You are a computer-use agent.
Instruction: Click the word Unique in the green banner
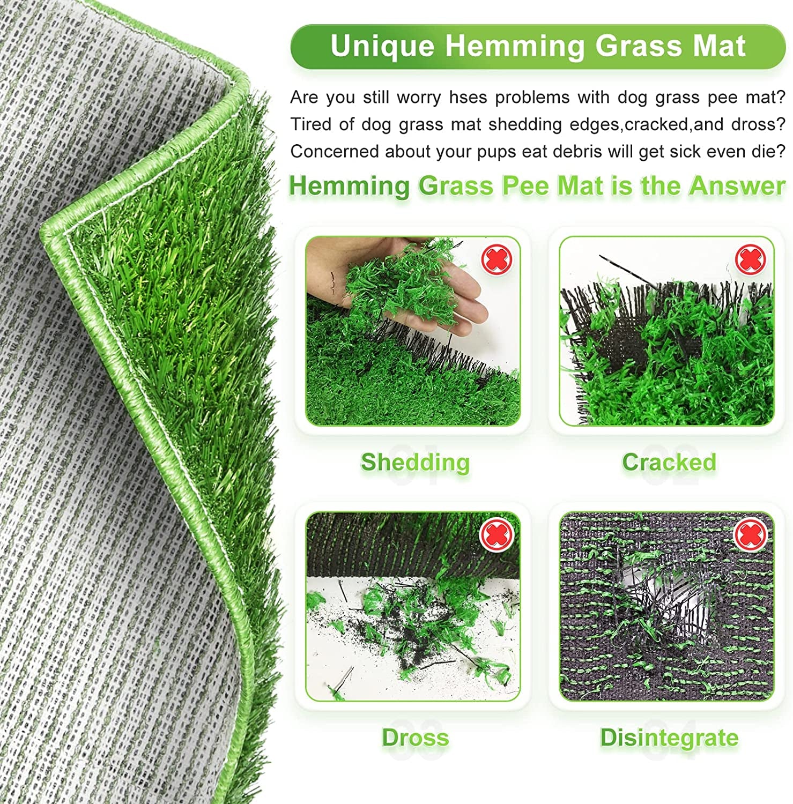382,46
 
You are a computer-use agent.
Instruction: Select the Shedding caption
415,462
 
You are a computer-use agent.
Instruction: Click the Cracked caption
669,462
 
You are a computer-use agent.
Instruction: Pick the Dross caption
415,738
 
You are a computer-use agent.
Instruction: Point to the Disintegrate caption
669,738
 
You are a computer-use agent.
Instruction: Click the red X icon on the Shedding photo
497,260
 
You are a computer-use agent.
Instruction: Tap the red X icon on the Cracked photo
750,260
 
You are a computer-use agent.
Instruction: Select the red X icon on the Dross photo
497,535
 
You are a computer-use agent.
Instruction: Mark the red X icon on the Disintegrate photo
750,535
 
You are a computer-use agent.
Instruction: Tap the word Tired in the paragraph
310,124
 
